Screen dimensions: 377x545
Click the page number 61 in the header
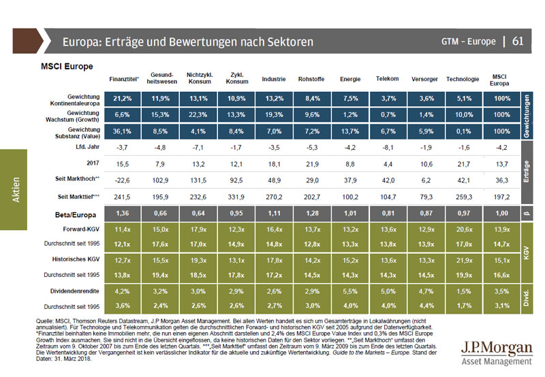tap(518, 42)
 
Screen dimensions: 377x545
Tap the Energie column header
tap(350, 79)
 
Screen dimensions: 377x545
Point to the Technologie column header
tap(463, 79)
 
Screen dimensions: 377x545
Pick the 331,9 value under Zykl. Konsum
tap(236, 197)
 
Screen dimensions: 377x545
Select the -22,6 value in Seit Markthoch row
tap(123, 180)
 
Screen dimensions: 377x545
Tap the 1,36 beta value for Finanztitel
tap(123, 214)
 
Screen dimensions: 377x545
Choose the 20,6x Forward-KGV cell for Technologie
tap(463, 229)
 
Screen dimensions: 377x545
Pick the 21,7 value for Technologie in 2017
tap(463, 163)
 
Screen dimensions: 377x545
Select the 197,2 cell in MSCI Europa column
tap(500, 197)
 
